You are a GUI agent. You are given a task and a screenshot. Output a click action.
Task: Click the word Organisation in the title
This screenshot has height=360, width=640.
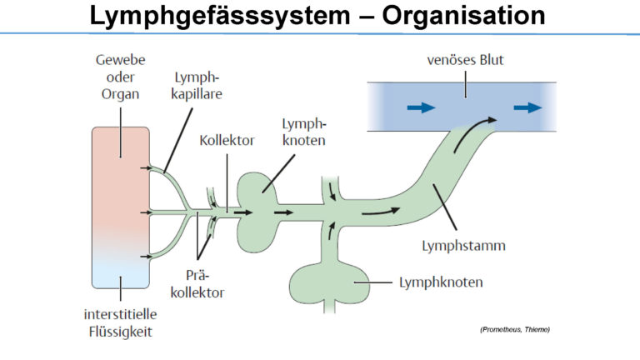[463, 16]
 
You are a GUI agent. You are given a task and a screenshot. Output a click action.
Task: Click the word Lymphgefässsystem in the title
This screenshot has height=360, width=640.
[220, 16]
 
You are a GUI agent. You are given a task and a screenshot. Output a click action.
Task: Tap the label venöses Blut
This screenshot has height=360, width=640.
[465, 60]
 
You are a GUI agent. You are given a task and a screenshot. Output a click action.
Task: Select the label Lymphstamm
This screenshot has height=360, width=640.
[463, 246]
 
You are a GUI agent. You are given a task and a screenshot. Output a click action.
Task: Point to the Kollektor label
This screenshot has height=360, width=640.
[227, 140]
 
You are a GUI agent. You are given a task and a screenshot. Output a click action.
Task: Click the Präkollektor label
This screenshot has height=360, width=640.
[197, 284]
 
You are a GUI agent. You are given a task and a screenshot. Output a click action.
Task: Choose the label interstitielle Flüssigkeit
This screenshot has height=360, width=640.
[120, 322]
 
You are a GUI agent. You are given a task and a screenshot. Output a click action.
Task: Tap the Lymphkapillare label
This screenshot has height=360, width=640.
[197, 86]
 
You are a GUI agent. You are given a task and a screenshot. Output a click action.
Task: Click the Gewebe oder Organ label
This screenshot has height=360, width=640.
[120, 77]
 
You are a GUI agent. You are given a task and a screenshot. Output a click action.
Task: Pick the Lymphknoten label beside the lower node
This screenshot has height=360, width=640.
[441, 282]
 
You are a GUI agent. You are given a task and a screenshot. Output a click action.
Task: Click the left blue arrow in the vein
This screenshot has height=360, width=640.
[421, 107]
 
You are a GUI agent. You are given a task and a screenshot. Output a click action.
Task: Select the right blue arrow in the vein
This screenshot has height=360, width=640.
[527, 107]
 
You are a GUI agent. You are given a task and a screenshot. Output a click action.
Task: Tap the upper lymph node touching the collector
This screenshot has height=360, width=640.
[258, 212]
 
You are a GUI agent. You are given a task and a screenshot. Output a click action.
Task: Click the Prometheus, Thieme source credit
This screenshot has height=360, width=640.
[515, 329]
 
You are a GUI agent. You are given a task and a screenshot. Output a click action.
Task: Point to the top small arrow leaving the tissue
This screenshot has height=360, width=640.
[145, 167]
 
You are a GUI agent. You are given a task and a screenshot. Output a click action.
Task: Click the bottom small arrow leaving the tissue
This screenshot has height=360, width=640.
[145, 257]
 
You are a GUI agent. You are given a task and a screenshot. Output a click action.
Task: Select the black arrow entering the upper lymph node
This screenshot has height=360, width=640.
[243, 212]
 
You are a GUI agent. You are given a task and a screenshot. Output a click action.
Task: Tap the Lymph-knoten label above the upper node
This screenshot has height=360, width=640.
[303, 132]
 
